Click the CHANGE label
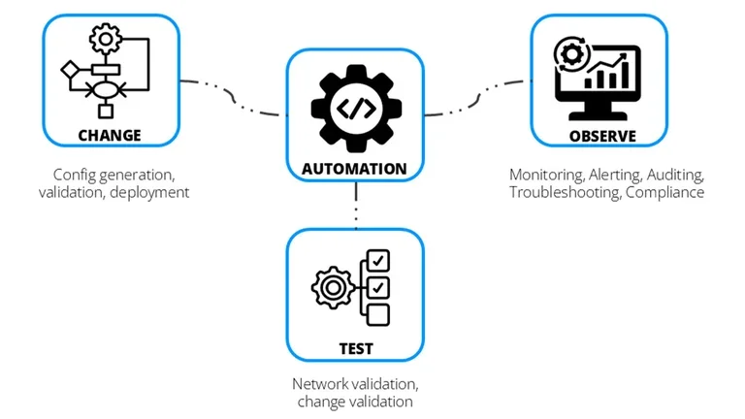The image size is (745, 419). pyautogui.click(x=110, y=135)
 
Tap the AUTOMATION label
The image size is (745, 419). pyautogui.click(x=355, y=168)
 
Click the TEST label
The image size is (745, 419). pyautogui.click(x=355, y=347)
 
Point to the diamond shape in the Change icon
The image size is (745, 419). pyautogui.click(x=69, y=70)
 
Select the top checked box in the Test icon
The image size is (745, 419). pyautogui.click(x=378, y=261)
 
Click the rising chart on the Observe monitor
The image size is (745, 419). pyautogui.click(x=614, y=70)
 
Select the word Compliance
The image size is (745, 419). pyautogui.click(x=664, y=192)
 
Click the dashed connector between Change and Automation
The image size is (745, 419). pyautogui.click(x=233, y=95)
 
